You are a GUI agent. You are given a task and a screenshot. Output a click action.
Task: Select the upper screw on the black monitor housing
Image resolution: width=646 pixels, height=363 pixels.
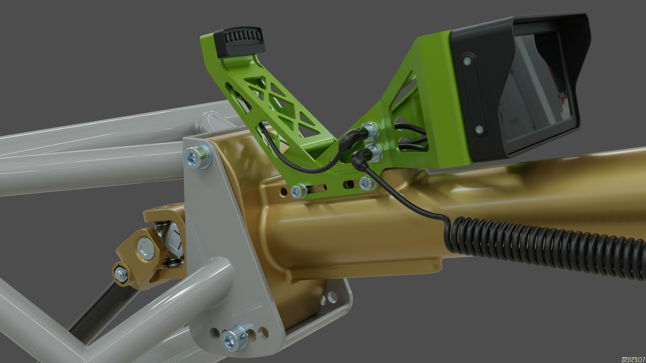click(x=467, y=60)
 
